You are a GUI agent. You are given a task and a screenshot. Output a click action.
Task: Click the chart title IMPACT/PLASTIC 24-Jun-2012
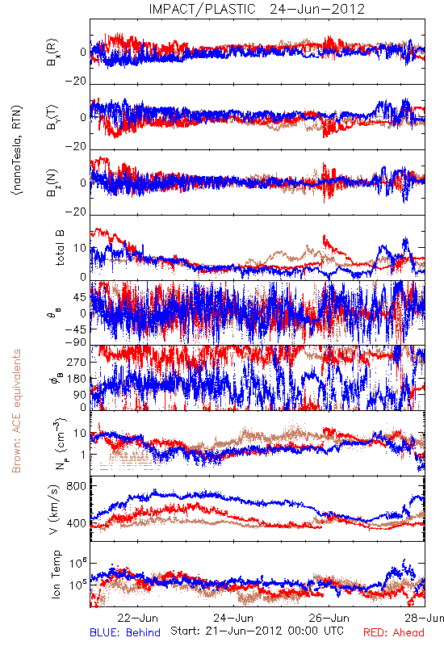click(257, 9)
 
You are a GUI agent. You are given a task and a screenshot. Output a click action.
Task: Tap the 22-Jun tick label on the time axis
click(137, 618)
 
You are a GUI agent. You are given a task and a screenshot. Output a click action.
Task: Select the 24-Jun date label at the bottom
click(233, 618)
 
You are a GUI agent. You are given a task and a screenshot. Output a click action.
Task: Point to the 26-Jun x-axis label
click(329, 618)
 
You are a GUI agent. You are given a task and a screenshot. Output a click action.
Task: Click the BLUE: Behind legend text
click(125, 633)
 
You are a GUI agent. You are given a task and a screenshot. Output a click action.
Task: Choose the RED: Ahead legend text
click(393, 633)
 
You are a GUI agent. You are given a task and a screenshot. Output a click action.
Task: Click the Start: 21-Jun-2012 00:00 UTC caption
click(257, 631)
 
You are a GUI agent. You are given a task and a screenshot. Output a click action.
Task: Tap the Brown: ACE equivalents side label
click(16, 411)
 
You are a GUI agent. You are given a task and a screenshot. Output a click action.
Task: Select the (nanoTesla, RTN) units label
click(17, 150)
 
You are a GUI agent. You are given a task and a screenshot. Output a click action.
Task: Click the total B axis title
click(60, 248)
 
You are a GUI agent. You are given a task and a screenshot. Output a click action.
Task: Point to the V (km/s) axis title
click(54, 510)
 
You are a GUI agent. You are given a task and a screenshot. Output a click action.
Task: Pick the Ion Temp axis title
click(56, 574)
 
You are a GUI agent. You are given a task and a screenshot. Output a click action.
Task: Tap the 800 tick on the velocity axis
click(76, 486)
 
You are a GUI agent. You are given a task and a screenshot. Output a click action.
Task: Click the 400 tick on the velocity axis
click(76, 523)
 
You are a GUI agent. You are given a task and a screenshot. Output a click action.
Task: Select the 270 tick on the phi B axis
click(77, 362)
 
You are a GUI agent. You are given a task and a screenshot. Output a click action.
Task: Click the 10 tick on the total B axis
click(80, 249)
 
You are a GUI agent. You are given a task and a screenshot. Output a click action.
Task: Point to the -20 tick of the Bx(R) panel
click(76, 82)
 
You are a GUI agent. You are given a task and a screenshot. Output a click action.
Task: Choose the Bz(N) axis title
click(52, 182)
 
